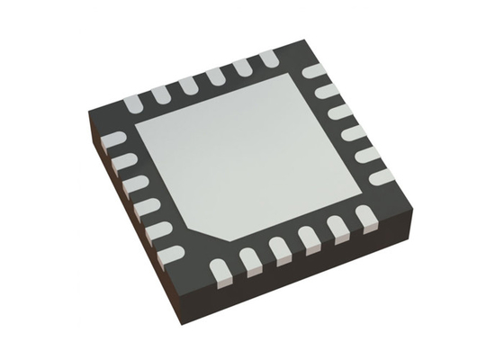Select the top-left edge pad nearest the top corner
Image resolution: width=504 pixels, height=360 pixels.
point(269,59)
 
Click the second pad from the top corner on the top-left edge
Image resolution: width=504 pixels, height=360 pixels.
point(243,67)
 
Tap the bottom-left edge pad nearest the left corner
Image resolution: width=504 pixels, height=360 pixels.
point(115,140)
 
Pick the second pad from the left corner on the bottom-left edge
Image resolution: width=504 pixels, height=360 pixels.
point(125,163)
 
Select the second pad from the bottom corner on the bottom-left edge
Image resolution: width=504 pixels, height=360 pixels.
point(157,231)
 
